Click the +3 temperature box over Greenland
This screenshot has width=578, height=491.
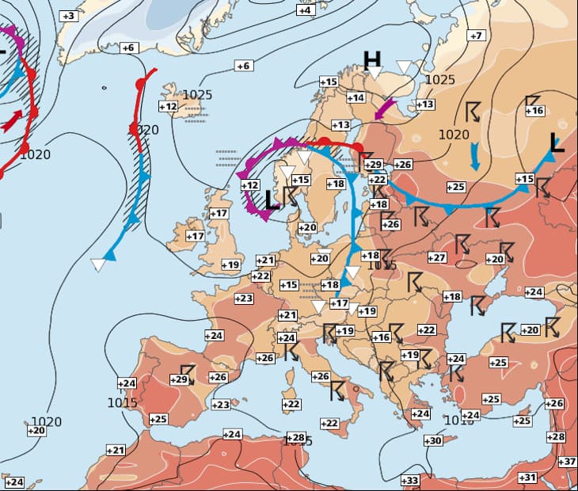pyautogui.click(x=69, y=16)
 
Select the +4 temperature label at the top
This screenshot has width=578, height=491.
pyautogui.click(x=305, y=10)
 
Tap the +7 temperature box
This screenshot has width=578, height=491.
pyautogui.click(x=475, y=36)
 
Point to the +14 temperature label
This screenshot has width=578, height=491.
pyautogui.click(x=356, y=97)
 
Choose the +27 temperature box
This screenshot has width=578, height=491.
pyautogui.click(x=437, y=257)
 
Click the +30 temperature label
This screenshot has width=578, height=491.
pyautogui.click(x=432, y=440)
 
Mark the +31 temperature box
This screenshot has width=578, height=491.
pyautogui.click(x=527, y=477)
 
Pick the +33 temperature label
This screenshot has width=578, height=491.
pyautogui.click(x=409, y=481)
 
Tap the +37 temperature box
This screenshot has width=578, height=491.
pyautogui.click(x=567, y=462)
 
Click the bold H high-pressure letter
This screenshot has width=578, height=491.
pyautogui.click(x=372, y=59)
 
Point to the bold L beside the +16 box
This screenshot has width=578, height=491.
pyautogui.click(x=557, y=143)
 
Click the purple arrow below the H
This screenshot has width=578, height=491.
pyautogui.click(x=384, y=109)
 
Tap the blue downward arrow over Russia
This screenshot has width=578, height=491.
pyautogui.click(x=474, y=156)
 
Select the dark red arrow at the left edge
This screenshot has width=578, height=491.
pyautogui.click(x=13, y=120)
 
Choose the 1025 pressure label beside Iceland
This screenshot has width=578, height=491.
pyautogui.click(x=197, y=95)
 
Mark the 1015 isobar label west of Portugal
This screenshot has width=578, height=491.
pyautogui.click(x=122, y=402)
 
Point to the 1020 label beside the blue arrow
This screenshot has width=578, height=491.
pyautogui.click(x=454, y=135)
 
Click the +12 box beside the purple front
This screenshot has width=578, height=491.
pyautogui.click(x=250, y=185)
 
